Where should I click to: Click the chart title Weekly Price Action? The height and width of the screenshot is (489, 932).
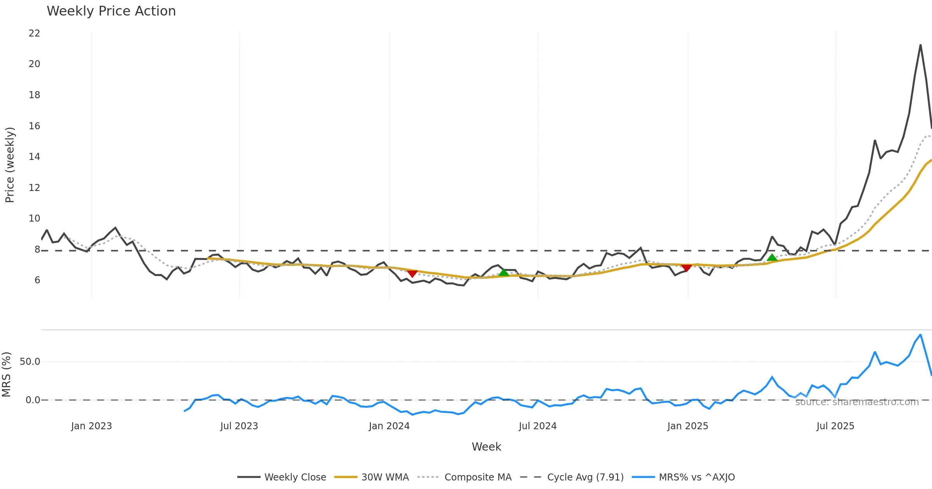point(111,11)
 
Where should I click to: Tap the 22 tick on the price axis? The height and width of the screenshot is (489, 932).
point(34,33)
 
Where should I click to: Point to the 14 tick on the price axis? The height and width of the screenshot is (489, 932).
point(34,157)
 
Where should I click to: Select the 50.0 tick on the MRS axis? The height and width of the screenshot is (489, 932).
point(30,362)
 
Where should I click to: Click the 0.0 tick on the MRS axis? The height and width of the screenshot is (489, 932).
point(33,400)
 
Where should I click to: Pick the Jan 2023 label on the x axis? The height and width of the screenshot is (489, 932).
point(91,426)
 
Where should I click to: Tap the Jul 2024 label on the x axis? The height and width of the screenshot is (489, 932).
point(537,426)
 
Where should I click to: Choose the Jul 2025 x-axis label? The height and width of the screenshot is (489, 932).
point(835,426)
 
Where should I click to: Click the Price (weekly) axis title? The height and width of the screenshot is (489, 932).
point(10,165)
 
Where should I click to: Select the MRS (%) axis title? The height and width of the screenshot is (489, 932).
point(6,375)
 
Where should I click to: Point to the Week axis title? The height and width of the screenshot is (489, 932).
point(486,447)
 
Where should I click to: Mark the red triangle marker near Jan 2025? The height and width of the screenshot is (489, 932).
point(686,268)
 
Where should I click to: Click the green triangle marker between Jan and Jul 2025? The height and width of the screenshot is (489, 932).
point(772,258)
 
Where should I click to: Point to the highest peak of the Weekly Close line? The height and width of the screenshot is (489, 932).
point(920,45)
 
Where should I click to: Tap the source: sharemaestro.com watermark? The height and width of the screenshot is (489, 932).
point(857,402)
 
